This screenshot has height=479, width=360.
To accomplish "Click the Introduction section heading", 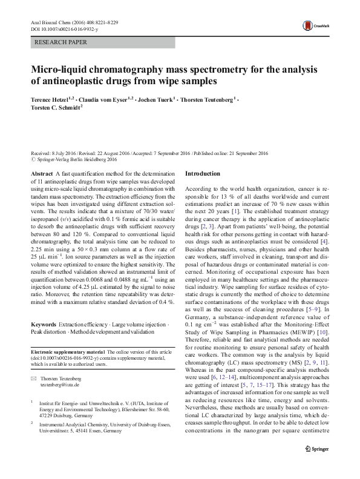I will click(x=203, y=173).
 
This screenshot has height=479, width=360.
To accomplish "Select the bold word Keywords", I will click(x=45, y=325).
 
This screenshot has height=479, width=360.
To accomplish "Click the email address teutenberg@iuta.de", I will click(x=60, y=384).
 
